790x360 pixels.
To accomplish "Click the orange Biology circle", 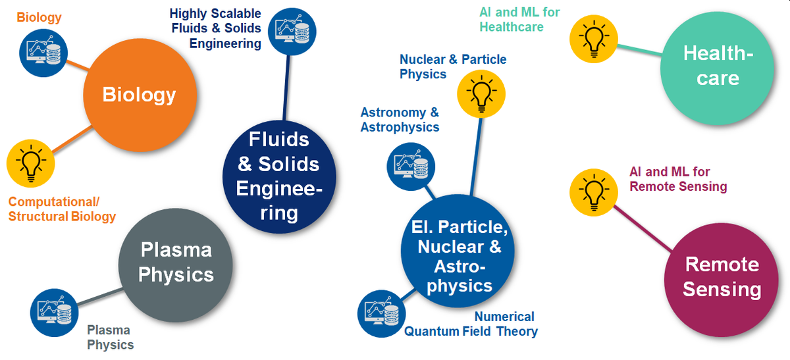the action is coord(140,95).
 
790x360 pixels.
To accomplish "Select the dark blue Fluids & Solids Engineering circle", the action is coord(279,176).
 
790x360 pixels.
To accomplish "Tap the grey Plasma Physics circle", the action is coord(176,265).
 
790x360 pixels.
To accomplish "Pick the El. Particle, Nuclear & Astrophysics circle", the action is coord(458,251).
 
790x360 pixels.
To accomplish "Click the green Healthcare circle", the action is coord(718,68).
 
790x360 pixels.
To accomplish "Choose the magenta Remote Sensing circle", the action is coord(722,280).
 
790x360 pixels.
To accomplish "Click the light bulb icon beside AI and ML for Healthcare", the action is coord(594,39).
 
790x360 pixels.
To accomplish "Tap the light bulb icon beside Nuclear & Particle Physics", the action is coord(481,94).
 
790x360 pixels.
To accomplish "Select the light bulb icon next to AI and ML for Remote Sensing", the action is coord(594,193).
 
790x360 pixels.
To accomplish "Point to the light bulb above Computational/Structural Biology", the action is coord(31,163).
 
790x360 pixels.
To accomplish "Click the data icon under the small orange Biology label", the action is coord(43,53).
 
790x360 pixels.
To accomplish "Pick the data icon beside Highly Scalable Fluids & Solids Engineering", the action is coord(292,32).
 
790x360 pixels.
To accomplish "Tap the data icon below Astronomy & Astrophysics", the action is coord(411,167).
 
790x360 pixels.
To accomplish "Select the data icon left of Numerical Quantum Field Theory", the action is coord(382,313).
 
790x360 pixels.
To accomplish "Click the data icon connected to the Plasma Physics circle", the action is coord(54,313).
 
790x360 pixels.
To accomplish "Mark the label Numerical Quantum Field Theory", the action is coord(471,324).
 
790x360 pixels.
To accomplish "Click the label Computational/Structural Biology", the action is coord(62,209).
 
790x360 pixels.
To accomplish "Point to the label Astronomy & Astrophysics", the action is coord(400,120).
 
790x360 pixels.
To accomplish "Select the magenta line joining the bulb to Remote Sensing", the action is coord(643,228).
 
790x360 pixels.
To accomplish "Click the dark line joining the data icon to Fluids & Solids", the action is coord(286,88).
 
